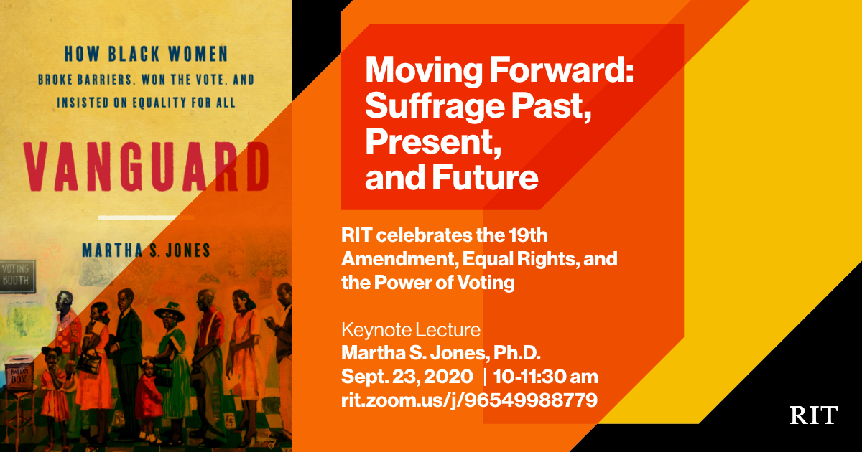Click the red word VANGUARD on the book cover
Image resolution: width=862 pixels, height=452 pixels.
click(x=147, y=166)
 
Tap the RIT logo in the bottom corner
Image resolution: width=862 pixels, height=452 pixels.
click(x=813, y=415)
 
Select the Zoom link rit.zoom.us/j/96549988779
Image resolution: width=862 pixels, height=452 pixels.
click(x=470, y=400)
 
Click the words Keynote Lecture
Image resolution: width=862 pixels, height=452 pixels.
click(x=411, y=330)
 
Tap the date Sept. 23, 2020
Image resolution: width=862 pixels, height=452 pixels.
click(x=407, y=377)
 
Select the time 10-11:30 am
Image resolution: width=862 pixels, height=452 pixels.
click(x=546, y=377)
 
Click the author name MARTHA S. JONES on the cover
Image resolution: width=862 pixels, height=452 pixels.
click(x=147, y=250)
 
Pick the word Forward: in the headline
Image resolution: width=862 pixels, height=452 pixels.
click(x=562, y=70)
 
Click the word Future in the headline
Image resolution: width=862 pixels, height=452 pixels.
click(x=486, y=178)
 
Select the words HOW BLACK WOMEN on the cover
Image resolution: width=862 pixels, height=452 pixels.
click(x=147, y=54)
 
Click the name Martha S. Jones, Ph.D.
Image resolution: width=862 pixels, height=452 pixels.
click(x=441, y=353)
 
